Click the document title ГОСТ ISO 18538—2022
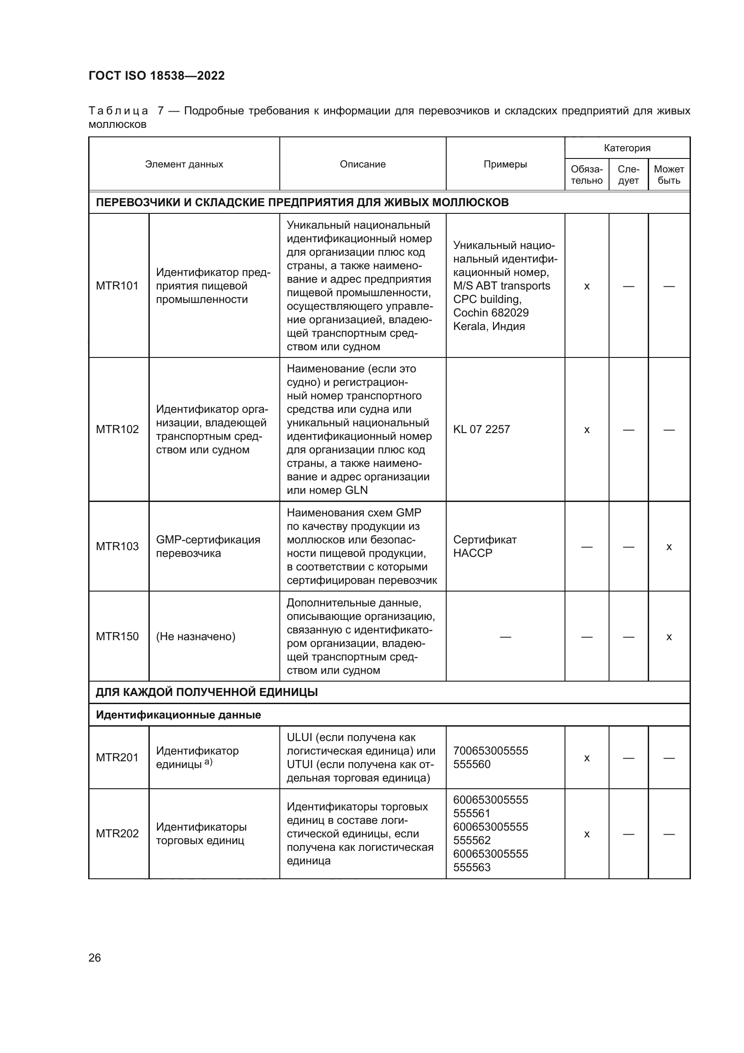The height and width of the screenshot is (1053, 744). pos(157,76)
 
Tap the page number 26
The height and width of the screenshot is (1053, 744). pos(94,958)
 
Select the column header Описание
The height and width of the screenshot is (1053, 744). pos(363,164)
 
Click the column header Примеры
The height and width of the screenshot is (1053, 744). pos(505,164)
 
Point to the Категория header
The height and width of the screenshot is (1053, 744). pos(627,148)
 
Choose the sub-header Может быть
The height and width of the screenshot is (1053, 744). pos(668,175)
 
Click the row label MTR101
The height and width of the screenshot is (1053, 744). pos(117,286)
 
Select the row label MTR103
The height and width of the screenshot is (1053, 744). pos(117,546)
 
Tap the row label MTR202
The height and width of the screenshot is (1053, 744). pos(117,833)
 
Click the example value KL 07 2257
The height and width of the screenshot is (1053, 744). pos(481,429)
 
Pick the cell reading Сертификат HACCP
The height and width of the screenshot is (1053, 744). pos(485,546)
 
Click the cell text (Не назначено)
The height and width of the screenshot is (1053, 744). pos(196,636)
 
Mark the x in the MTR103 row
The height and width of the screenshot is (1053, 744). pos(668,547)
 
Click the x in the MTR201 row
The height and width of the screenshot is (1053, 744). pos(587,758)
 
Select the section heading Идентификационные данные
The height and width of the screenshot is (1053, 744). pos(178,715)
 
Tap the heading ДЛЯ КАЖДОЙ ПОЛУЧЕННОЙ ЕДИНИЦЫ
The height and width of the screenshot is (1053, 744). pos(206,692)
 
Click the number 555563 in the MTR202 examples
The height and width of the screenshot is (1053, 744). pos(472,867)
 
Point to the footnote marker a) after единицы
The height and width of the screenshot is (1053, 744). pos(208,762)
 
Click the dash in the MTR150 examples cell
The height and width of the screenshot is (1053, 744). pos(505,637)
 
